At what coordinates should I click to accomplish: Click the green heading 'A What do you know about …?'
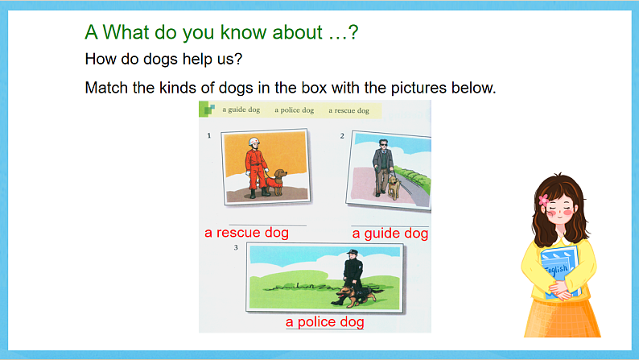coord(221,33)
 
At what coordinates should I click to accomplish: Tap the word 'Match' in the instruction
coord(106,87)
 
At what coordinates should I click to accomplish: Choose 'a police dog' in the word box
coord(294,110)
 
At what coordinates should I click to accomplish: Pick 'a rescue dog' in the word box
coord(348,110)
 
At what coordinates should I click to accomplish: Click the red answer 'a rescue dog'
coord(246,233)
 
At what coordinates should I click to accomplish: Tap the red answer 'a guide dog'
coord(390,234)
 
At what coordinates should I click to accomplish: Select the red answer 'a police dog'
coord(325,322)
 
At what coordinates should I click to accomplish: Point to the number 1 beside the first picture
coord(209,136)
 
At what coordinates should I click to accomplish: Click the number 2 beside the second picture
coord(342,136)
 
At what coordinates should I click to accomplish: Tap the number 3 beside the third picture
coord(236,247)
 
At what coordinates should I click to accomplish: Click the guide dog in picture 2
coord(393,185)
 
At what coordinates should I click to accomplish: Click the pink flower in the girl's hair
coord(543,198)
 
